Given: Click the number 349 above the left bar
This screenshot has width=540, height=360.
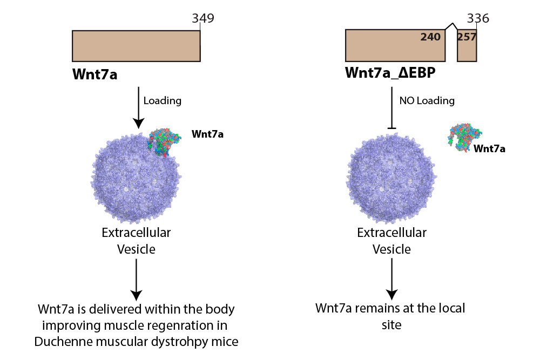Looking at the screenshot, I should pyautogui.click(x=203, y=19).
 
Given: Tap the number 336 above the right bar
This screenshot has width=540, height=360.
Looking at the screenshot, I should pyautogui.click(x=478, y=19).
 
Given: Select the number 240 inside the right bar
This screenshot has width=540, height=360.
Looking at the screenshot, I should pyautogui.click(x=430, y=37).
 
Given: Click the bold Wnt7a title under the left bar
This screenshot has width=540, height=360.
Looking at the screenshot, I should pyautogui.click(x=95, y=74).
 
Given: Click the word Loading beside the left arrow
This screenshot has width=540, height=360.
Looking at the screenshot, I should pyautogui.click(x=163, y=100).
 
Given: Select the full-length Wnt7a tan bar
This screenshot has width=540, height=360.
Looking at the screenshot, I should pyautogui.click(x=136, y=46).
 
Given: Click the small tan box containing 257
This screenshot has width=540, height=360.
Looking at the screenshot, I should pyautogui.click(x=467, y=46).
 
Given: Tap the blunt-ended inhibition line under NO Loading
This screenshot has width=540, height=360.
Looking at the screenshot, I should pyautogui.click(x=392, y=110).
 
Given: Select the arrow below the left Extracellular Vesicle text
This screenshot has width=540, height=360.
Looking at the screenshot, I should pyautogui.click(x=136, y=278).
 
